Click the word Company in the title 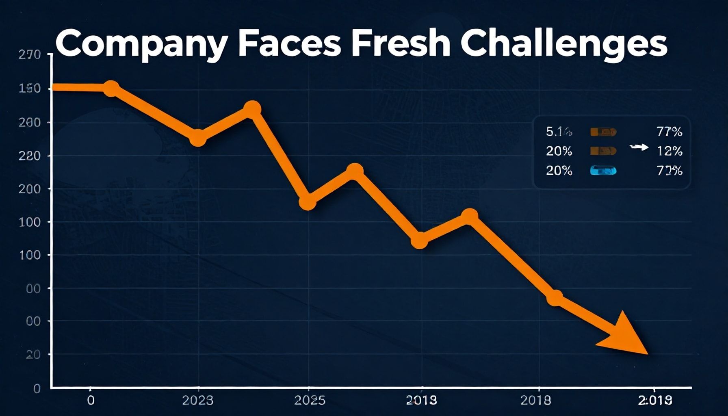click(x=140, y=44)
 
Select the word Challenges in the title click(x=564, y=44)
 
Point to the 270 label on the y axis click(x=30, y=55)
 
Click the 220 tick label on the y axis click(x=30, y=156)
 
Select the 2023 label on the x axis click(x=197, y=400)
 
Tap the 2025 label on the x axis click(x=310, y=400)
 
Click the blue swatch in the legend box click(x=603, y=171)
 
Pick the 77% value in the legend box click(x=669, y=132)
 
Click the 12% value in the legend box click(x=669, y=151)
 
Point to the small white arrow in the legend click(x=639, y=147)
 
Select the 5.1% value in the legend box click(x=559, y=132)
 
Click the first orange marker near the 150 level click(x=111, y=88)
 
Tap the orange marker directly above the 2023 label click(x=198, y=138)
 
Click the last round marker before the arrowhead click(x=555, y=298)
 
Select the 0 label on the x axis click(x=91, y=400)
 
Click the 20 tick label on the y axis click(x=33, y=355)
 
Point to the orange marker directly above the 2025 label click(x=308, y=202)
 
